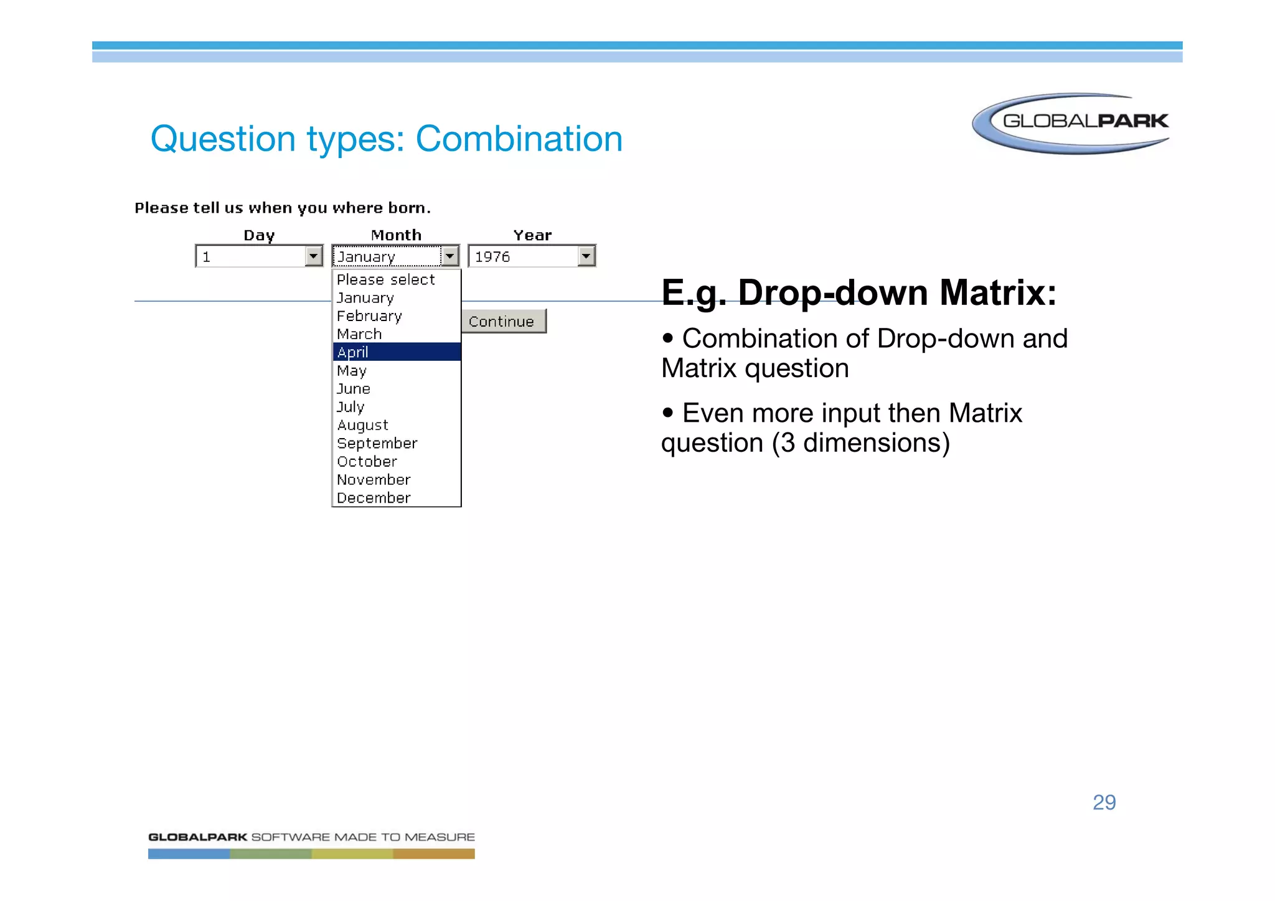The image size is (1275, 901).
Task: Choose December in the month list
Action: (374, 498)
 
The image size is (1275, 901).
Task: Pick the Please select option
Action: (385, 280)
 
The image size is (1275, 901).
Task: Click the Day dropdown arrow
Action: (314, 256)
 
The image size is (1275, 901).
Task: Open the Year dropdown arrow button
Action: (586, 256)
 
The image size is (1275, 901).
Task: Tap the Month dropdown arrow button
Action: (449, 256)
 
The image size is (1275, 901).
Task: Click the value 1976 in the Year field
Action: (492, 256)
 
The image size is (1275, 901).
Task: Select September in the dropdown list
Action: (377, 443)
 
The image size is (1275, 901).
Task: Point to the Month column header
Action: (396, 235)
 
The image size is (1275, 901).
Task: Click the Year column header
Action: (532, 235)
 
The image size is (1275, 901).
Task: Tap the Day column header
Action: (259, 235)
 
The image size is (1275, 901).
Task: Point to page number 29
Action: (1104, 802)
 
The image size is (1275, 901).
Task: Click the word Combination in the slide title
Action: (519, 139)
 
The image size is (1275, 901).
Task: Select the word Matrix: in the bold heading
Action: (998, 292)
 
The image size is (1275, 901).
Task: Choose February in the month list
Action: (369, 316)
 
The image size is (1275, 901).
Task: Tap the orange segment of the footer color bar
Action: (433, 854)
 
